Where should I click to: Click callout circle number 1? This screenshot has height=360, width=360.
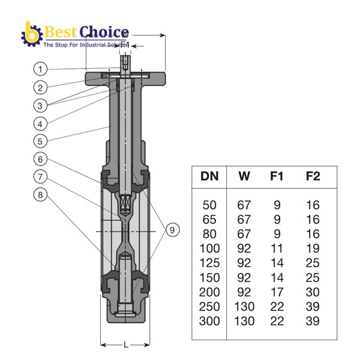(x=40, y=69)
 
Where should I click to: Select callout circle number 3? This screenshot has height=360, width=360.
(x=40, y=106)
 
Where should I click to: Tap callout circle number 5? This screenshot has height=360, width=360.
(x=40, y=141)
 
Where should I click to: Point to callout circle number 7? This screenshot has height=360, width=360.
(x=40, y=177)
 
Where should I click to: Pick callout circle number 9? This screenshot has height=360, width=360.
(x=172, y=230)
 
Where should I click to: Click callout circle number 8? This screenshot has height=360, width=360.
(x=40, y=195)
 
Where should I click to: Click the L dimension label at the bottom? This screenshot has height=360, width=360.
(x=126, y=344)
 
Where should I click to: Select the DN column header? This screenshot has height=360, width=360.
(x=209, y=176)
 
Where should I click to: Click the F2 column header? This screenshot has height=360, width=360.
(x=313, y=176)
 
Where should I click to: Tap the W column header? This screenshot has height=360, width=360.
(x=244, y=176)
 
